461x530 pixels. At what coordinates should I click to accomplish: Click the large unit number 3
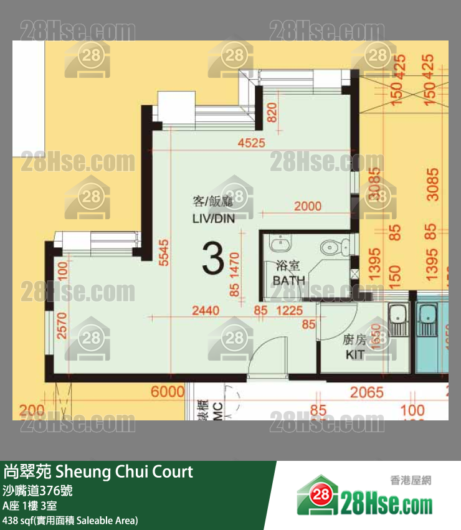coord(213,260)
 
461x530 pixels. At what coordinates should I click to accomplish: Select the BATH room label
coord(289,280)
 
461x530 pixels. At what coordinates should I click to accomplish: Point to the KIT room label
coord(356,355)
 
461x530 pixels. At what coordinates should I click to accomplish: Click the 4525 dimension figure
coord(252,143)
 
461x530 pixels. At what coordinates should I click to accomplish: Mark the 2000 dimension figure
coord(308,206)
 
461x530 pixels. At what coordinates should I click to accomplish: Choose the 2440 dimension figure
coord(206,309)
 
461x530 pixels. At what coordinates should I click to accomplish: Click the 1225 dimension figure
coord(289,309)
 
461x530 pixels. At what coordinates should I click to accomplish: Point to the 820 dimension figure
coord(272,112)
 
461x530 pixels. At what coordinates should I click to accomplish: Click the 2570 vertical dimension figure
coord(62,325)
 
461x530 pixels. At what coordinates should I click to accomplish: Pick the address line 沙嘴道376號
coord(38,490)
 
